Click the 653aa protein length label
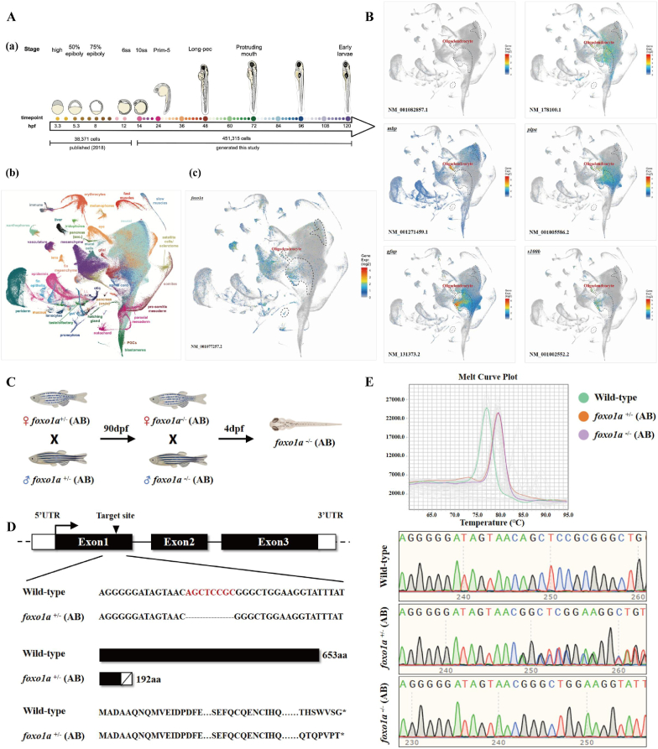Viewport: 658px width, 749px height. [x=333, y=654]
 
